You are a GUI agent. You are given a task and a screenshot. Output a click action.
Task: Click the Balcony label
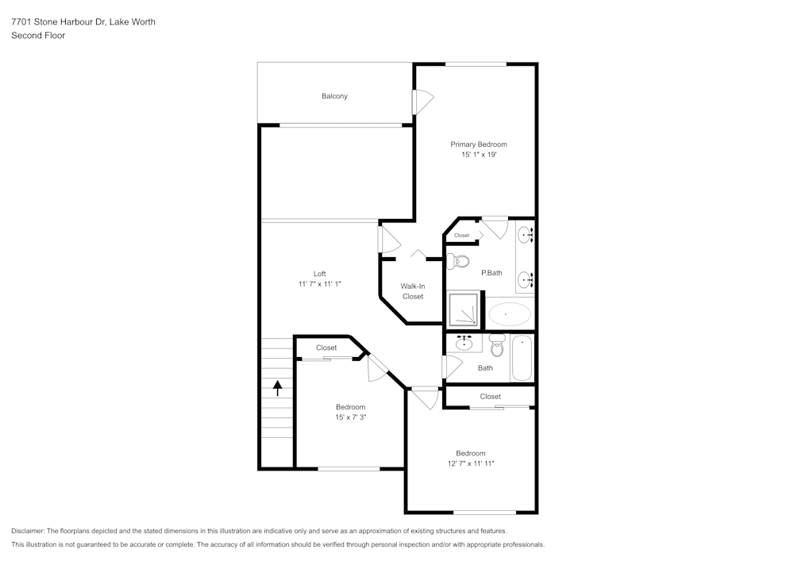pyautogui.click(x=334, y=96)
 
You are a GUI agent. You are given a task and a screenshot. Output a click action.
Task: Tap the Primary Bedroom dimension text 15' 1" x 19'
pyautogui.click(x=478, y=155)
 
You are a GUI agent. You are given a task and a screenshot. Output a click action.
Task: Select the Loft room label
pyautogui.click(x=319, y=274)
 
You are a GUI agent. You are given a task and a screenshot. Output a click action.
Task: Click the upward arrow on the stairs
pyautogui.click(x=278, y=387)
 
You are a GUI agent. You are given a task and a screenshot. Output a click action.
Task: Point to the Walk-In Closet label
pyautogui.click(x=412, y=291)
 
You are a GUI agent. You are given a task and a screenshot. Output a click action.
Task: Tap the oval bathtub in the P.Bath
pyautogui.click(x=509, y=314)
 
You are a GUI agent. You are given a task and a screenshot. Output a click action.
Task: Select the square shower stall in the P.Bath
pyautogui.click(x=464, y=309)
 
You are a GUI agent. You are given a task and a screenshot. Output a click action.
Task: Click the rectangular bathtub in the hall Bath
pyautogui.click(x=522, y=359)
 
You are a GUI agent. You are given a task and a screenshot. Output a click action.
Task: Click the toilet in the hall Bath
pyautogui.click(x=497, y=345)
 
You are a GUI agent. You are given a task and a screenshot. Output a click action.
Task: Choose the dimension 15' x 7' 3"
pyautogui.click(x=350, y=417)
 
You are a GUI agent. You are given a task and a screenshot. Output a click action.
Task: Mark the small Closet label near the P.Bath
pyautogui.click(x=462, y=236)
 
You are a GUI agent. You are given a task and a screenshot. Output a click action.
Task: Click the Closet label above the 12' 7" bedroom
pyautogui.click(x=490, y=397)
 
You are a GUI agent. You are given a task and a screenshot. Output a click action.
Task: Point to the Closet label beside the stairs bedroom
pyautogui.click(x=326, y=348)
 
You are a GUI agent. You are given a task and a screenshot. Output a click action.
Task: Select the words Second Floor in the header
pyautogui.click(x=38, y=36)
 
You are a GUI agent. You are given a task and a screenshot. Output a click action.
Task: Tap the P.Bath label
pyautogui.click(x=491, y=273)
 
